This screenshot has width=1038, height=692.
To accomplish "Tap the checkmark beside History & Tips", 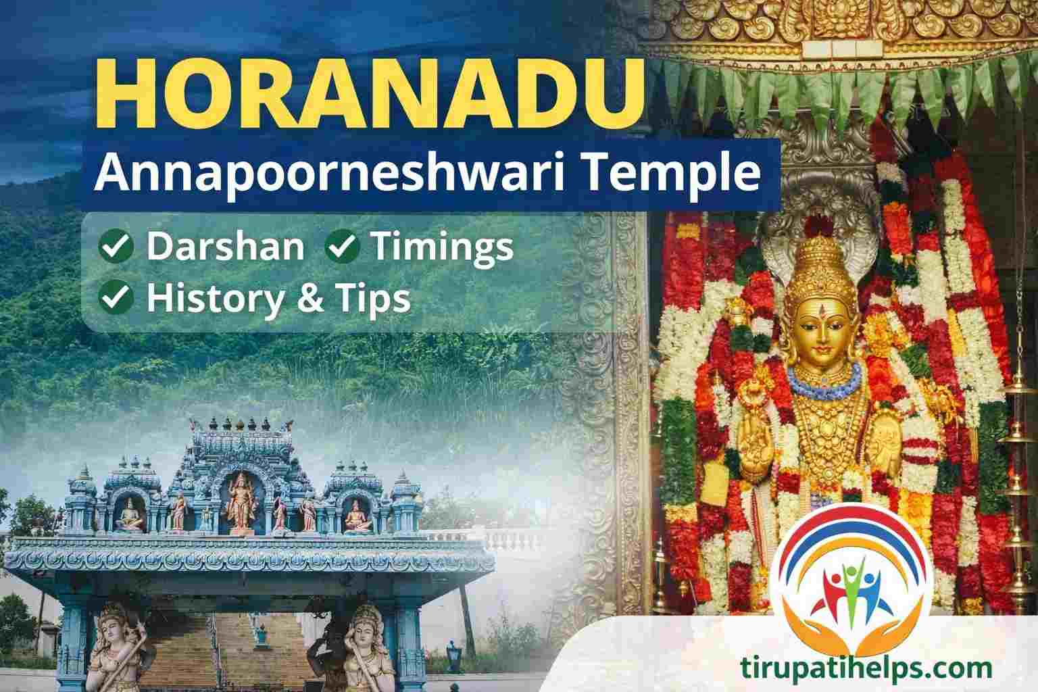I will (x=116, y=298).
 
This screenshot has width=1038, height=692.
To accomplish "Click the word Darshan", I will (x=226, y=247).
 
